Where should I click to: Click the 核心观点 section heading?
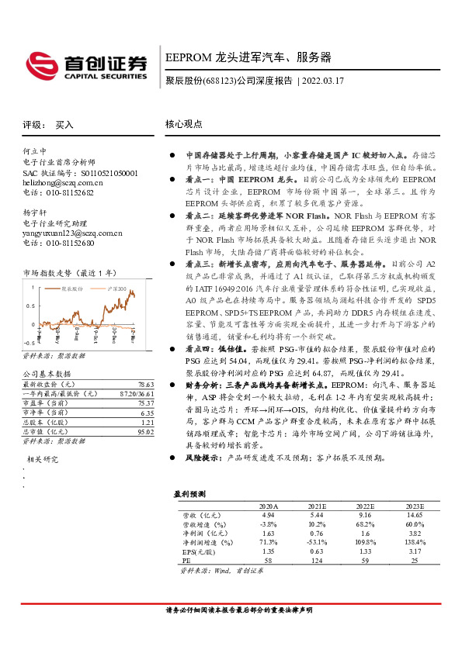[x=184, y=123]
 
